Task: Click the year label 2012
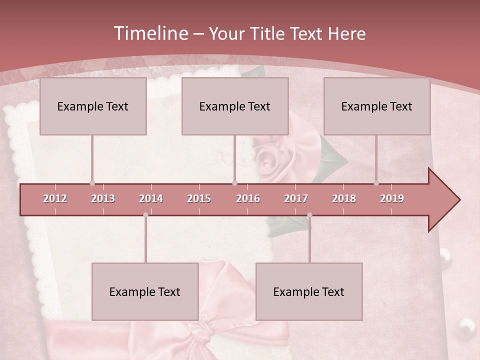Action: (55, 198)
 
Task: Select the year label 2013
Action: (103, 198)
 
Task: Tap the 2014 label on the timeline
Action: (151, 198)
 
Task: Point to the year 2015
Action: (199, 198)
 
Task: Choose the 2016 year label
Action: (248, 198)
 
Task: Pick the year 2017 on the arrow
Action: (296, 198)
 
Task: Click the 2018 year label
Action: (344, 198)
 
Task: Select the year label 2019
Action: (392, 198)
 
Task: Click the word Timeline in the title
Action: (150, 33)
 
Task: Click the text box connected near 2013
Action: (93, 106)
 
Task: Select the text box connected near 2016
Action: (235, 106)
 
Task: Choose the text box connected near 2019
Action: (377, 106)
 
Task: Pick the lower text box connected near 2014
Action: (145, 291)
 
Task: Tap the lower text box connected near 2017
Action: (309, 291)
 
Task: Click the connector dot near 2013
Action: (92, 183)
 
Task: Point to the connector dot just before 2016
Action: (234, 183)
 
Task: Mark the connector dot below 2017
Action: (309, 215)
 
